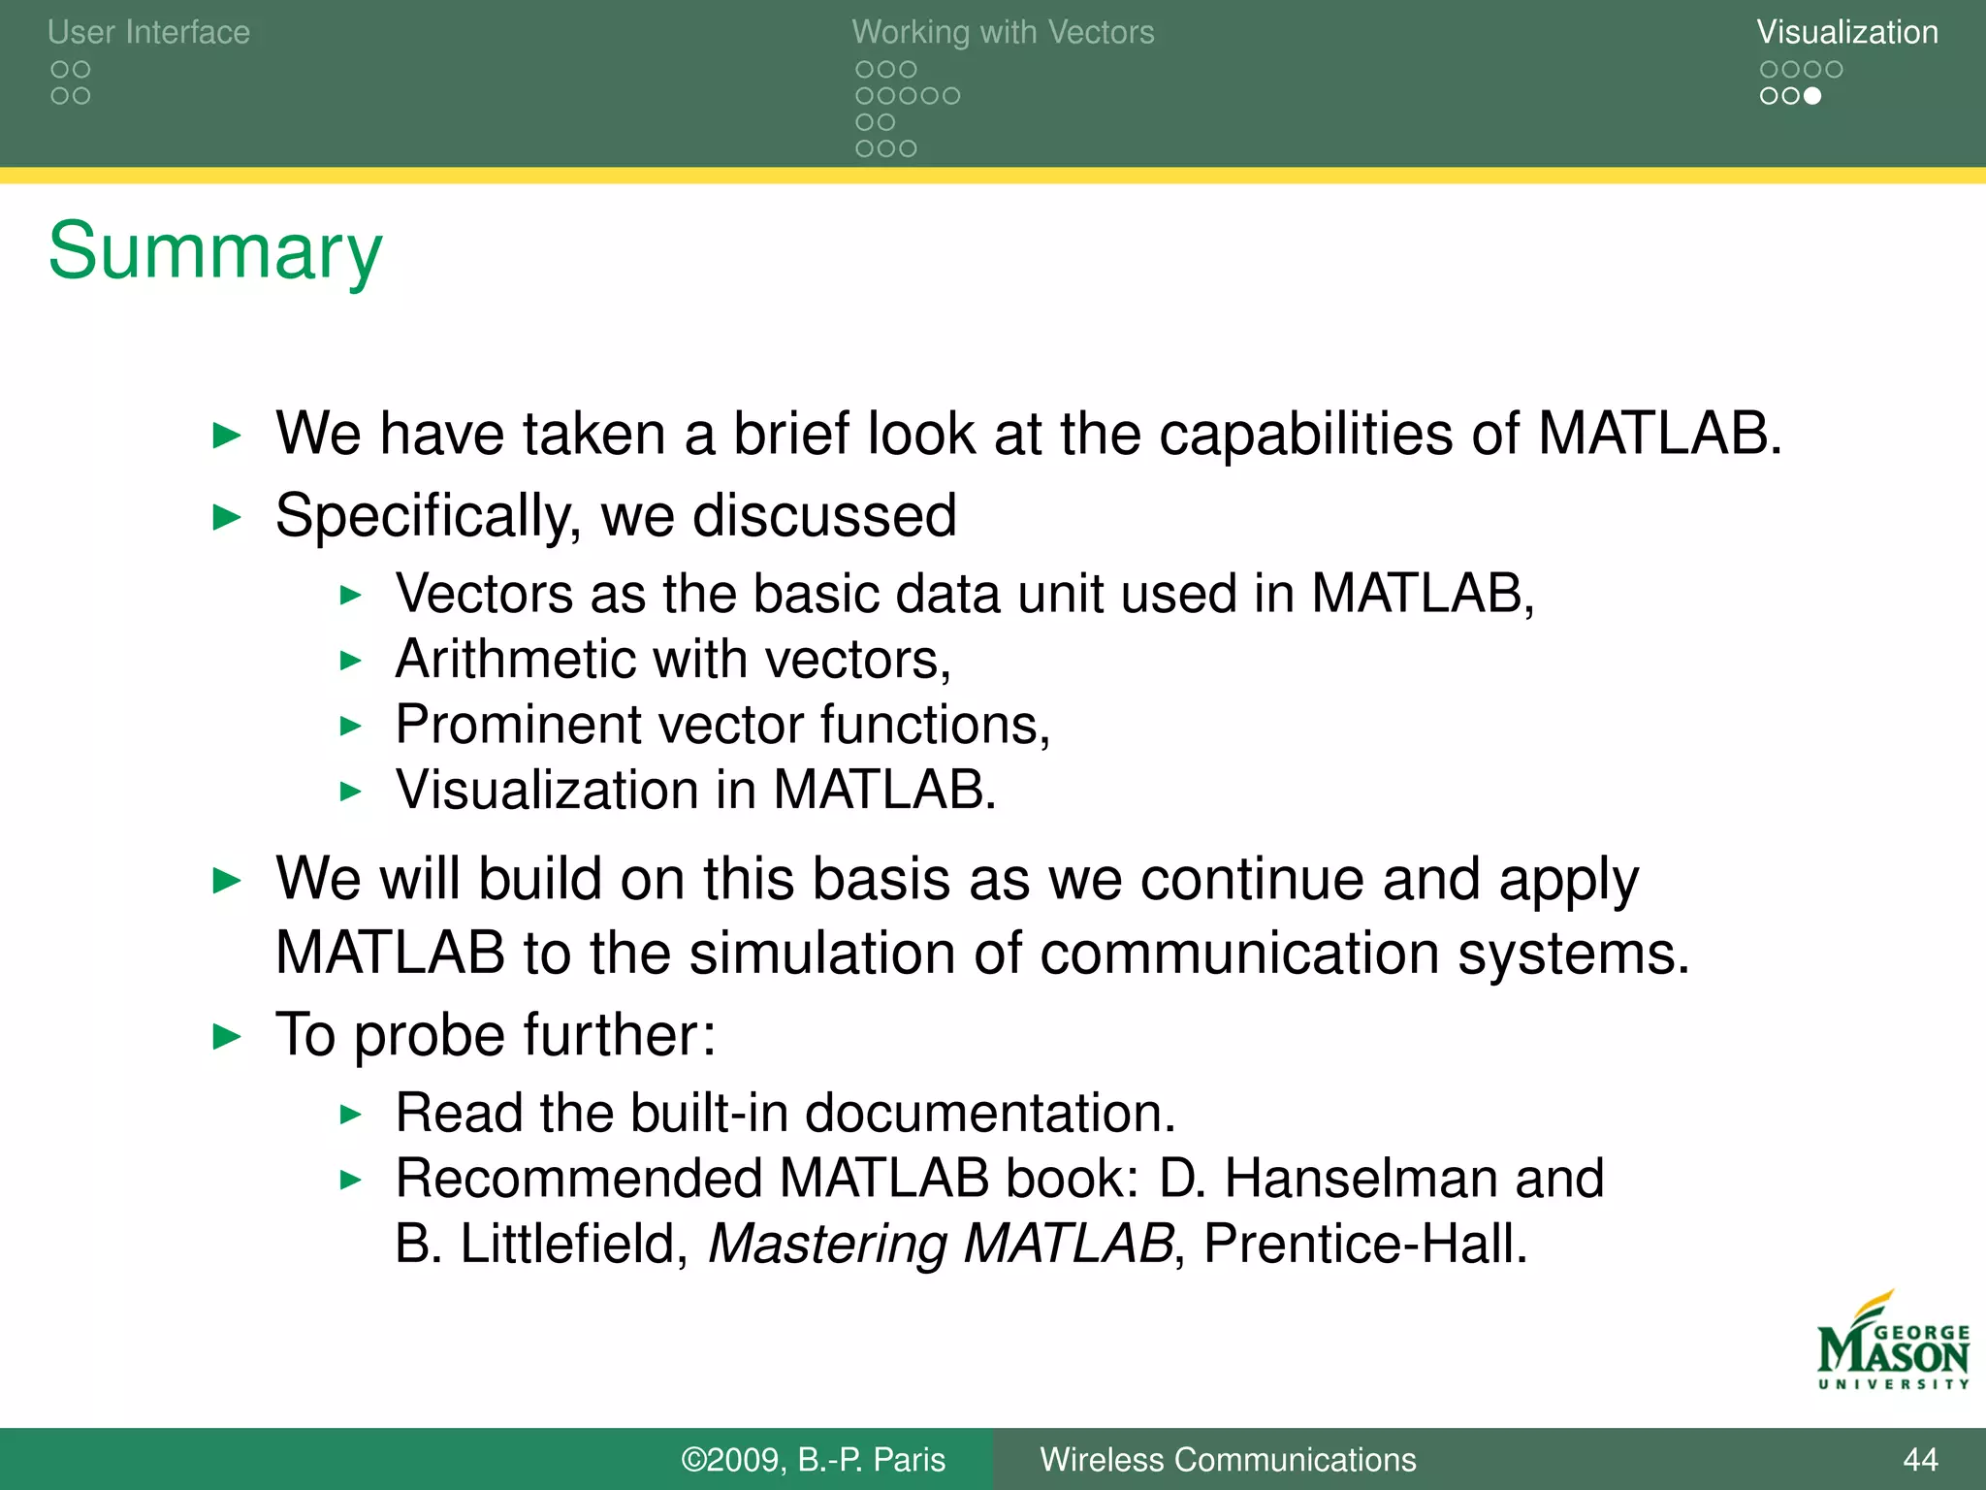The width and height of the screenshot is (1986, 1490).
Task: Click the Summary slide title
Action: (x=215, y=252)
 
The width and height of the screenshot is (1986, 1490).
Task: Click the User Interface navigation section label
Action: (x=148, y=32)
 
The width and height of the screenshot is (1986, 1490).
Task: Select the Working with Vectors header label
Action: (x=1003, y=32)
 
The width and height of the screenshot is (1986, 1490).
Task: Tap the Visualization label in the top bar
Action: (x=1846, y=32)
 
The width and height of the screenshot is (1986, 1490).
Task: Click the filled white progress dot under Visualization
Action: (x=1811, y=96)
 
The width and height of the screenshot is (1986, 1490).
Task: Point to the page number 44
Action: (x=1920, y=1459)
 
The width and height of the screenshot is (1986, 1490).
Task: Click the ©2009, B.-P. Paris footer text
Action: (x=813, y=1459)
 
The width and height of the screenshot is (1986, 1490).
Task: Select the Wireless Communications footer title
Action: (x=1228, y=1459)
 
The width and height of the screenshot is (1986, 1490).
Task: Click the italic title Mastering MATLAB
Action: (x=941, y=1244)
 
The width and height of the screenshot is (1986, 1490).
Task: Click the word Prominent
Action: (x=518, y=725)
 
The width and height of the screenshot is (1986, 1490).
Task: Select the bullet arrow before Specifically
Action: (x=226, y=517)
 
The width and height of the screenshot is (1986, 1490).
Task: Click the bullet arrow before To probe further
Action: (x=226, y=1036)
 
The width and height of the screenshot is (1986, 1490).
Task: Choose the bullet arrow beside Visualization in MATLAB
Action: (x=351, y=792)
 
